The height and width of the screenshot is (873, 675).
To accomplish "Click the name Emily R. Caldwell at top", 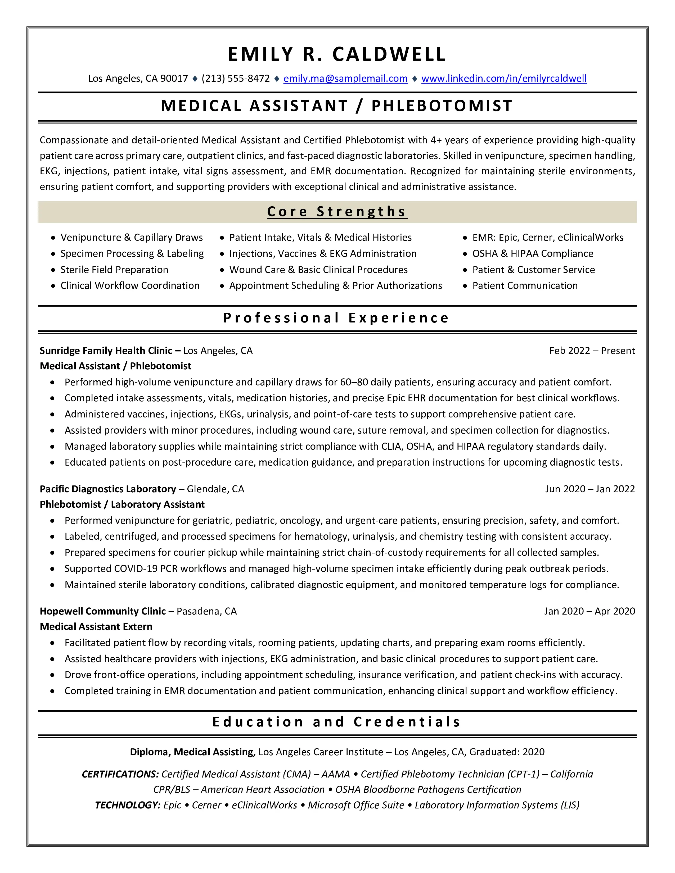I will [x=337, y=54].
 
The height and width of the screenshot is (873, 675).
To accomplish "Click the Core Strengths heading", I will [x=337, y=211].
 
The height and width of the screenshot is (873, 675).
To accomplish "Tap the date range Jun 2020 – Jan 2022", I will [x=590, y=489].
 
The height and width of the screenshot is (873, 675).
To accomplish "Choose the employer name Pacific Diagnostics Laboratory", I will [x=108, y=489].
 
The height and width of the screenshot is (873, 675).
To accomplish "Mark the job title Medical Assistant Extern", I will [x=96, y=626].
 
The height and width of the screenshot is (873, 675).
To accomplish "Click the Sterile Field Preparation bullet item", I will [x=114, y=270].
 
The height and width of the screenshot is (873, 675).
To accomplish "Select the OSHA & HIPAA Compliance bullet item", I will [x=533, y=254].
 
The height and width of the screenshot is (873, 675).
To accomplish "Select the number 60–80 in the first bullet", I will [x=354, y=382].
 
